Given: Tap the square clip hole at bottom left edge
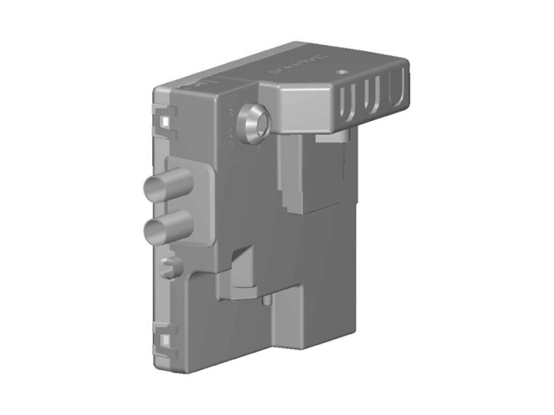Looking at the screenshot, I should point(162,340).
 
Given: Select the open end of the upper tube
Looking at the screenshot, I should point(150,188).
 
